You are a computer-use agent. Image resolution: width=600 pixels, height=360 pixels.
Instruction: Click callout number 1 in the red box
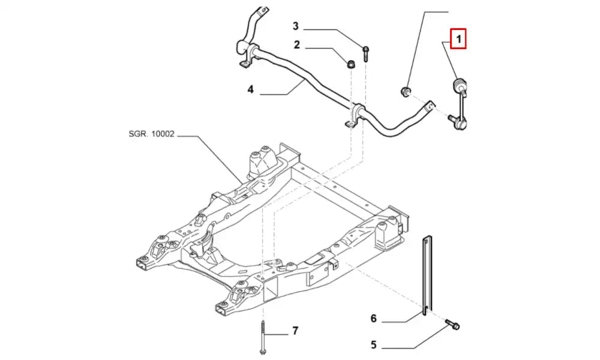point(458,40)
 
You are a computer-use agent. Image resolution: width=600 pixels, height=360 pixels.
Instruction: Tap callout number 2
point(296,44)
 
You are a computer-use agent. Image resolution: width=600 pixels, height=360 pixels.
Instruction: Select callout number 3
point(295,26)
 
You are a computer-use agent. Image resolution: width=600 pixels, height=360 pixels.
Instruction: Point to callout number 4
point(251,90)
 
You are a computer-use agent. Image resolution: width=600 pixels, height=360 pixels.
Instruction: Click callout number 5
point(373,345)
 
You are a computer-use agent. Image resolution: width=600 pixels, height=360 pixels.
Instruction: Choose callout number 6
point(373,319)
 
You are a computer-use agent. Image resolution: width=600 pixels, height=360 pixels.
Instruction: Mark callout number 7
point(295,331)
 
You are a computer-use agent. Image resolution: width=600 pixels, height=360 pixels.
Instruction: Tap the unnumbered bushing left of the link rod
point(406,91)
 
